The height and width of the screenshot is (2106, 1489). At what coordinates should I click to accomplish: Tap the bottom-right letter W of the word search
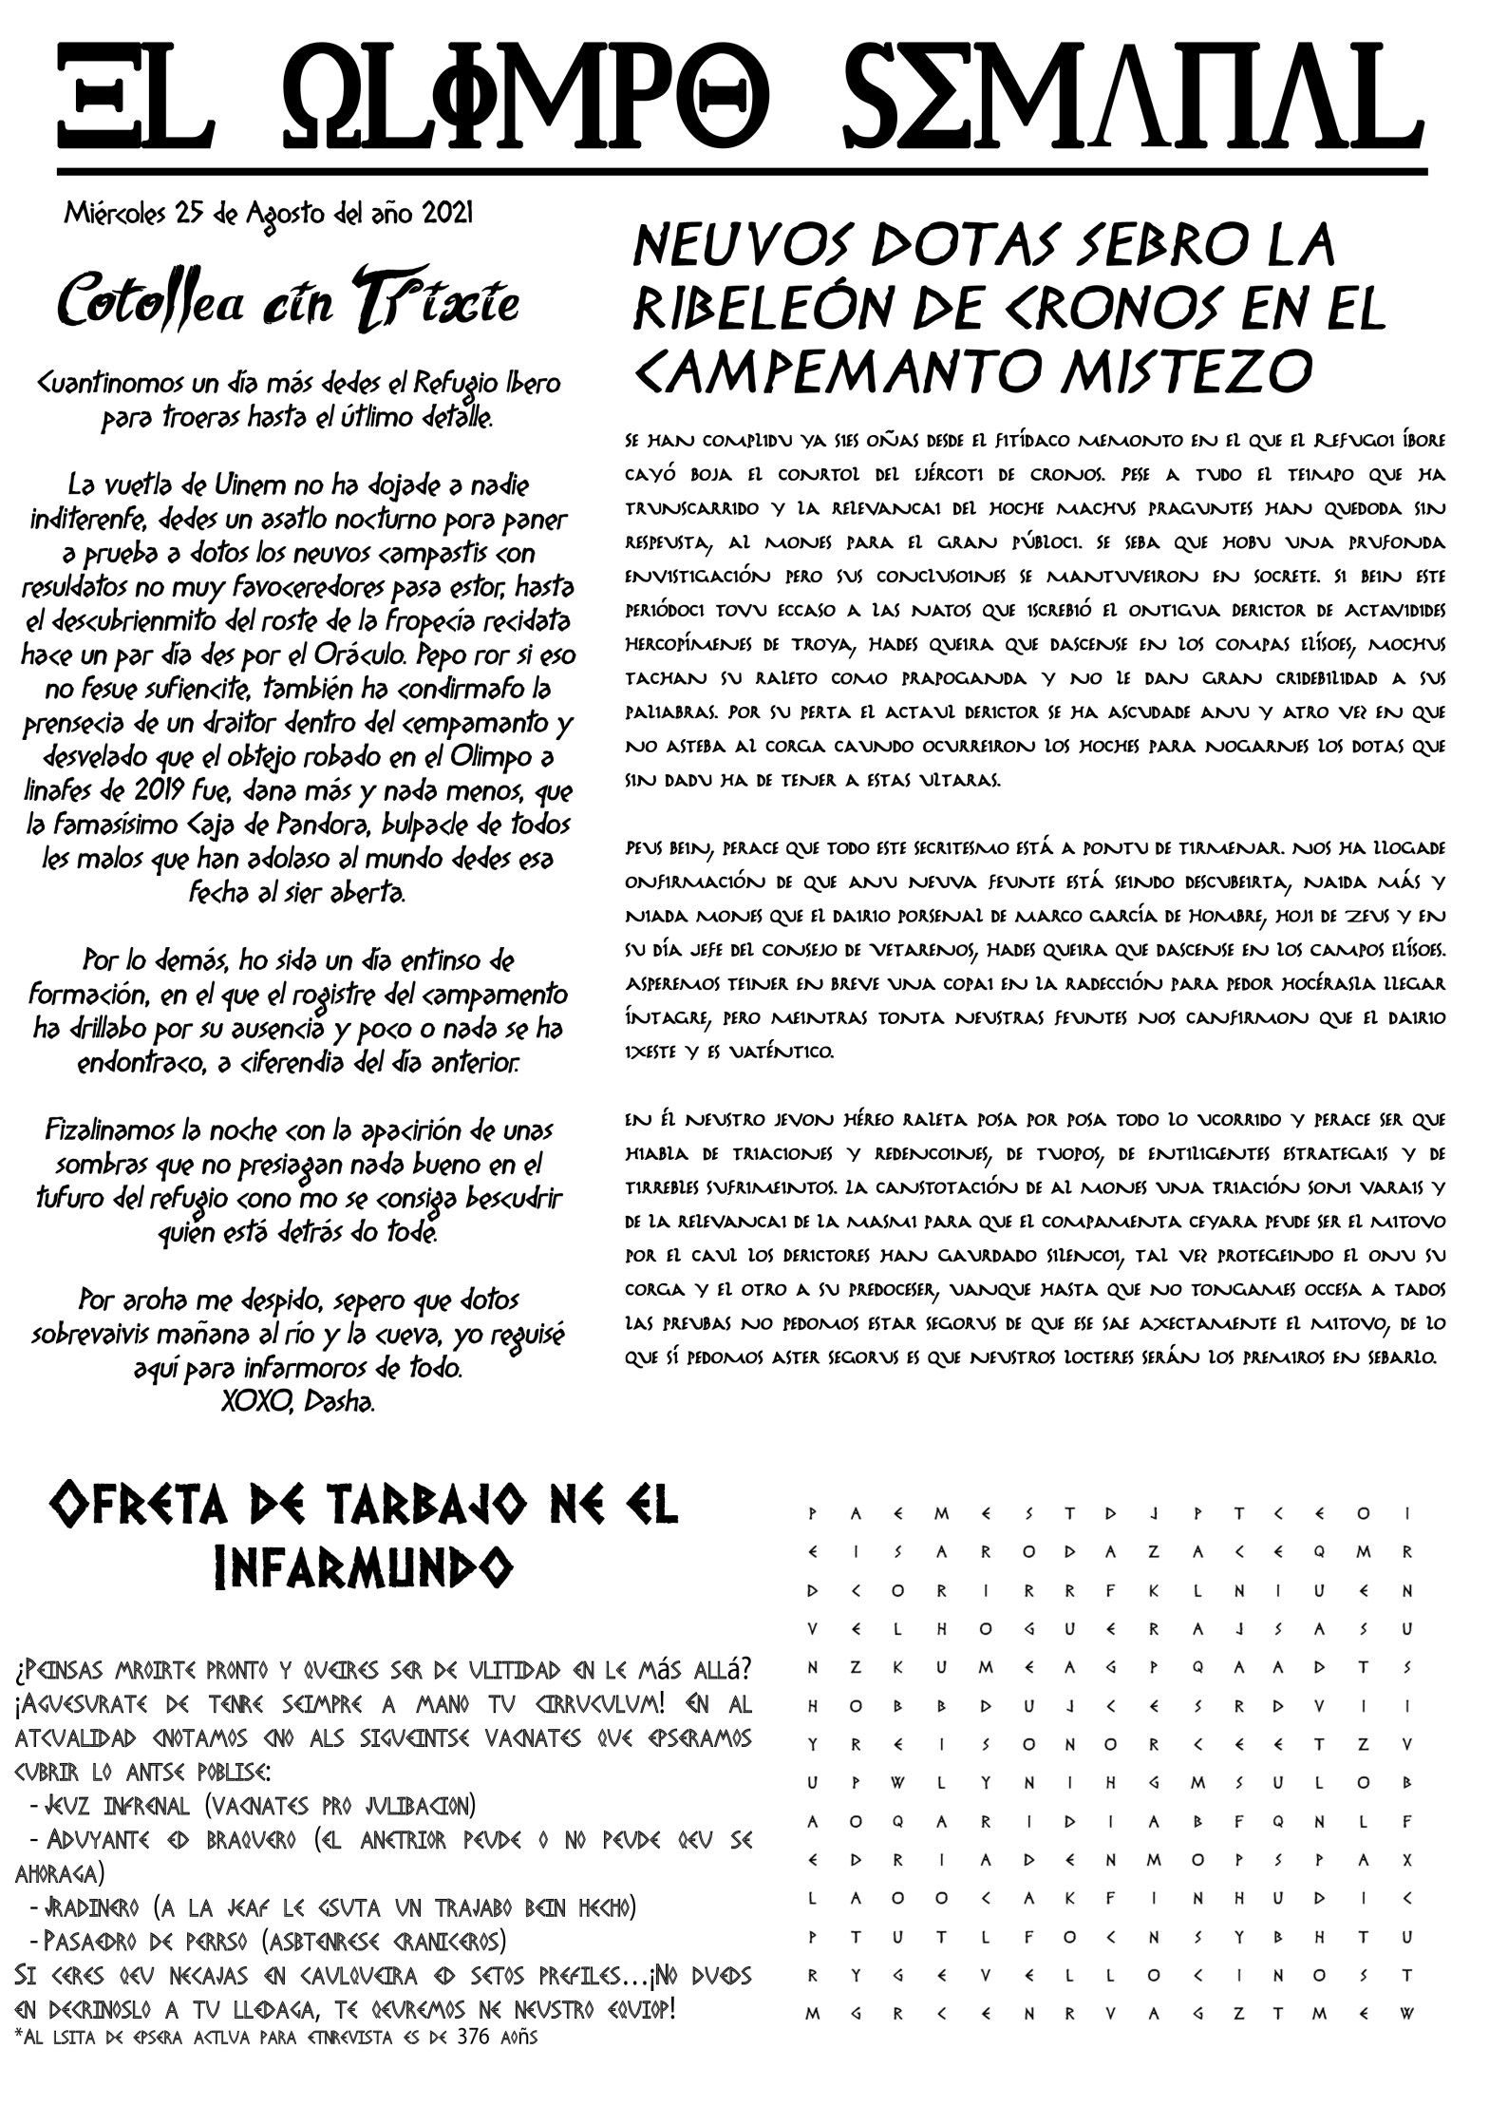click(x=1406, y=2013)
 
